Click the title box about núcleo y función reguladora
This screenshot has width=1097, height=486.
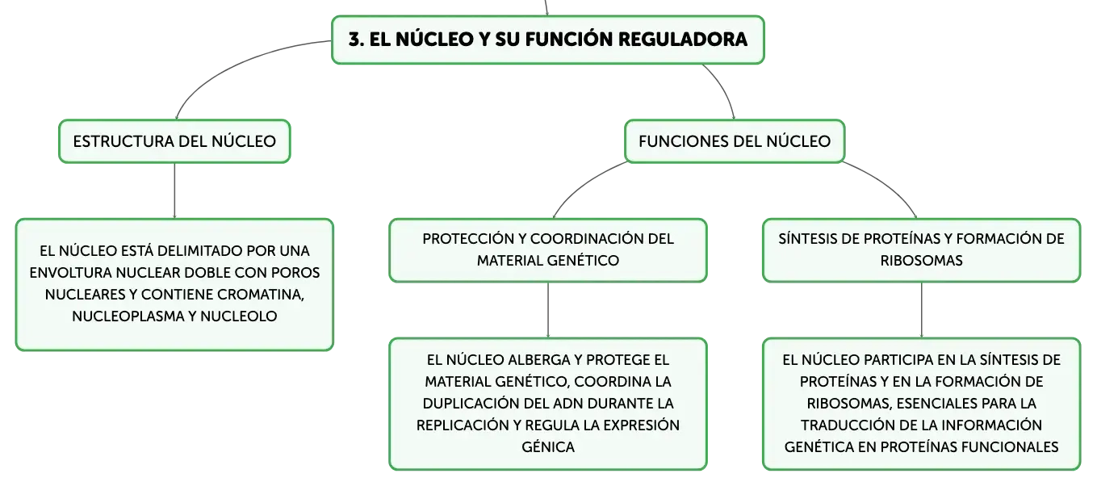tap(547, 40)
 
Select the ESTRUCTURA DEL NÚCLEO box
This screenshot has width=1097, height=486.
tap(174, 141)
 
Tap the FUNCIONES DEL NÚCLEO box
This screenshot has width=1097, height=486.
tap(735, 141)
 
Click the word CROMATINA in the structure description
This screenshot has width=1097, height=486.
tap(260, 295)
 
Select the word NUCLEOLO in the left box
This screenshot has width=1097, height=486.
tap(238, 316)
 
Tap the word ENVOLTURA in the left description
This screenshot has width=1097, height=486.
tap(70, 273)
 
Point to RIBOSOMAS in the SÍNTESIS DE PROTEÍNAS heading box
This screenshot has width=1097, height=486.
tap(921, 261)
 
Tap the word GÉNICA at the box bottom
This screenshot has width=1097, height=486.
tap(548, 447)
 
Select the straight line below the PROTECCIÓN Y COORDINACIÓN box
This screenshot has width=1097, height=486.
tap(548, 310)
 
